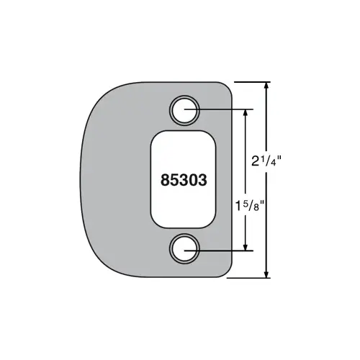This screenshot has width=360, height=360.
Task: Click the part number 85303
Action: point(184,180)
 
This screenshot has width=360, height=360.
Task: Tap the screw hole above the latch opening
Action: point(184,110)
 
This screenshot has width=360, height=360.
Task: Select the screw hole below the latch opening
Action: point(184,248)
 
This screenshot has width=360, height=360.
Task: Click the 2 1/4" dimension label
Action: point(266,161)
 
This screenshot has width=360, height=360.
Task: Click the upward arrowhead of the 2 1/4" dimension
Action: point(266,86)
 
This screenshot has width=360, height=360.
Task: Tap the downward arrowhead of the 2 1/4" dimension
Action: point(266,274)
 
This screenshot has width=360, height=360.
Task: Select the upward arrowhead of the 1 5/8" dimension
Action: point(246,114)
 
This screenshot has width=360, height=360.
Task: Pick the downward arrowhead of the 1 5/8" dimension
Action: point(246,246)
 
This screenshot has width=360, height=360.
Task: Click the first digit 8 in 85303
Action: point(165,180)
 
